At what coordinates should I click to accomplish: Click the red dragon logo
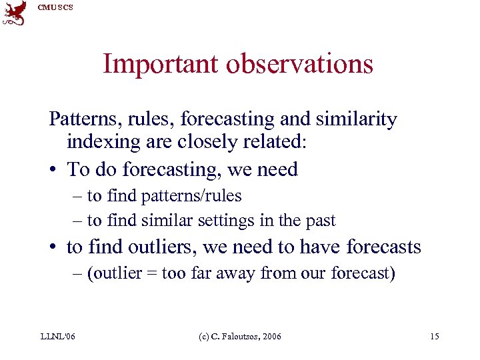[15, 13]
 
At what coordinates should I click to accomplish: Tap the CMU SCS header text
[55, 7]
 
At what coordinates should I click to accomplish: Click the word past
[320, 220]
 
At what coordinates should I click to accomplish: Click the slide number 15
[434, 337]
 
